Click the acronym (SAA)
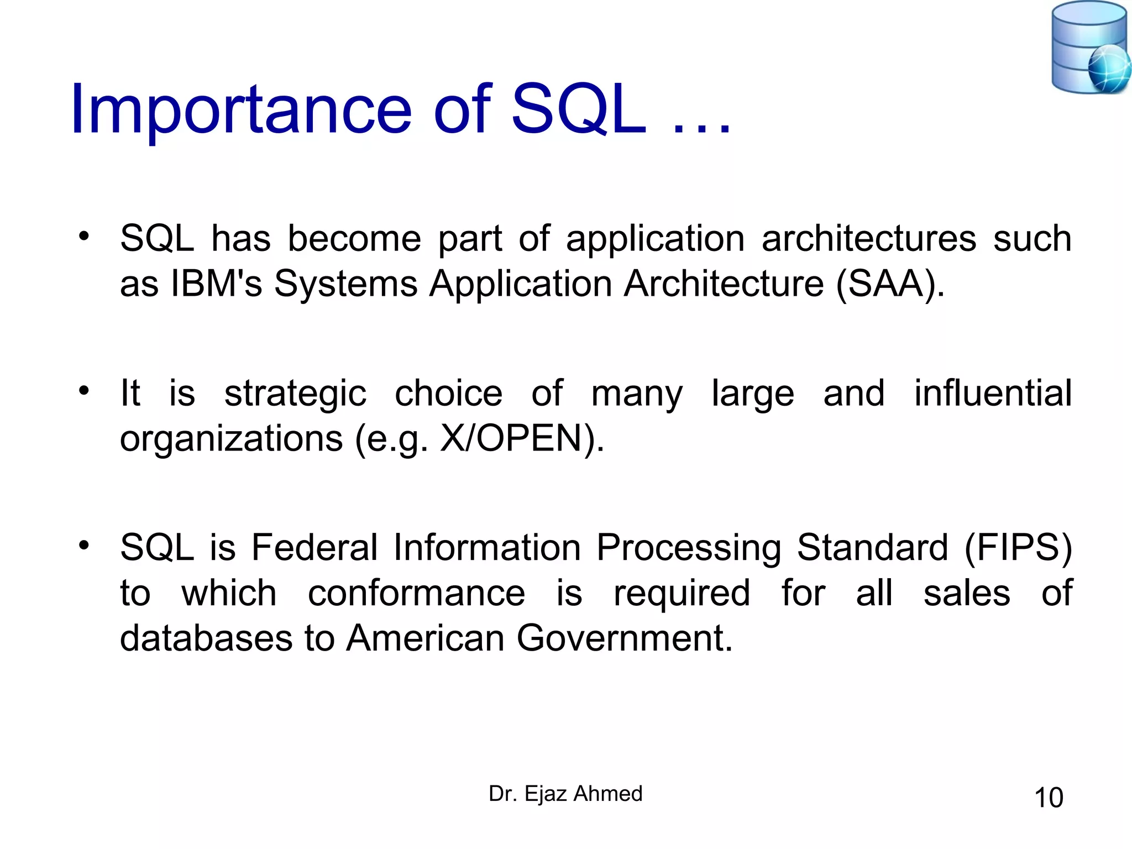click(x=890, y=284)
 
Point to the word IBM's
click(x=216, y=284)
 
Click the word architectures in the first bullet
click(x=868, y=239)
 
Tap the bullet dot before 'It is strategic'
click(x=83, y=391)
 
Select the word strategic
click(x=295, y=394)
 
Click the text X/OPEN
click(x=511, y=438)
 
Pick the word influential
click(x=993, y=394)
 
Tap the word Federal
click(x=315, y=548)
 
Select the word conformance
click(x=416, y=593)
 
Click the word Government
click(x=624, y=638)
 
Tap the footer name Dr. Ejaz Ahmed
click(x=565, y=794)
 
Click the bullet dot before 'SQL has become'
click(x=83, y=237)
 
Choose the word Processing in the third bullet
click(x=689, y=548)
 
